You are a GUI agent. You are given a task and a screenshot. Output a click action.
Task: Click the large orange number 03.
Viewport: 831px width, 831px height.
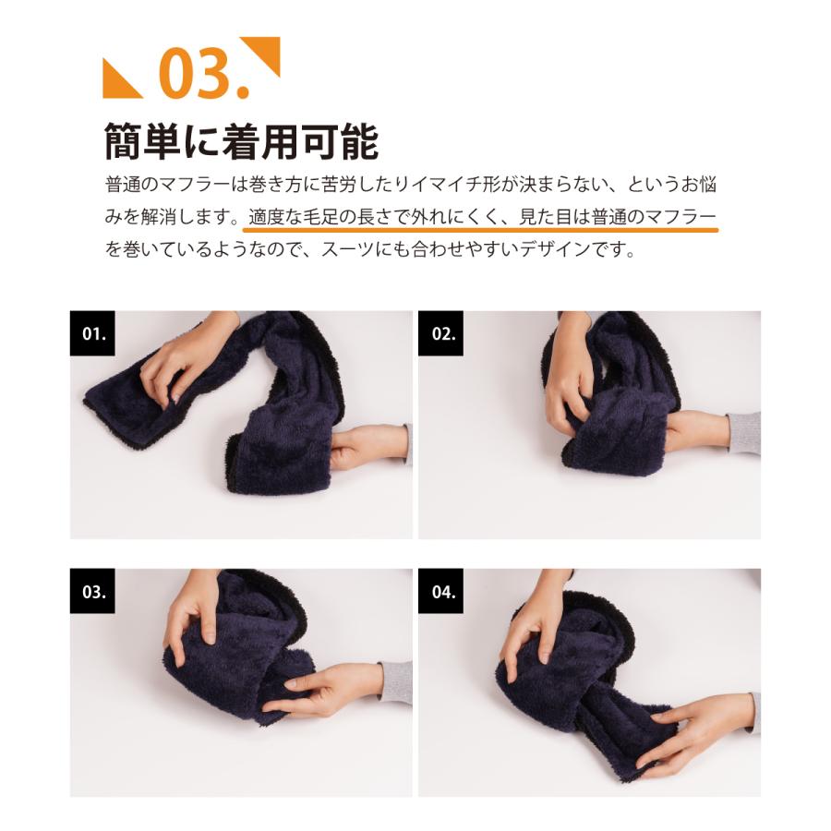point(203,73)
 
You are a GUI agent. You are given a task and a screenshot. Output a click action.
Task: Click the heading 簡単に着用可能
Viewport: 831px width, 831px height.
point(241,141)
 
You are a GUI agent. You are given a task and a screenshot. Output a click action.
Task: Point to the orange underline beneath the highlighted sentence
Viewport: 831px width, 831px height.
point(480,230)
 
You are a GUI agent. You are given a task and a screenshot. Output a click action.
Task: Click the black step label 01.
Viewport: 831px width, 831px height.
point(92,333)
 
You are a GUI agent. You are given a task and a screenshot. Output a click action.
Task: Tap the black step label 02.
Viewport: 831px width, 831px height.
point(441,333)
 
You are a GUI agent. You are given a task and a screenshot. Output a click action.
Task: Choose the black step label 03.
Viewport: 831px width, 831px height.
point(92,591)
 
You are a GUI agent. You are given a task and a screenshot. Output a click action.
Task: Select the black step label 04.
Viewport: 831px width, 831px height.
point(441,591)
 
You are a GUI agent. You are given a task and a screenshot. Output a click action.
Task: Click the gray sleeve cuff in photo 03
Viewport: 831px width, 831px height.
point(396,682)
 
